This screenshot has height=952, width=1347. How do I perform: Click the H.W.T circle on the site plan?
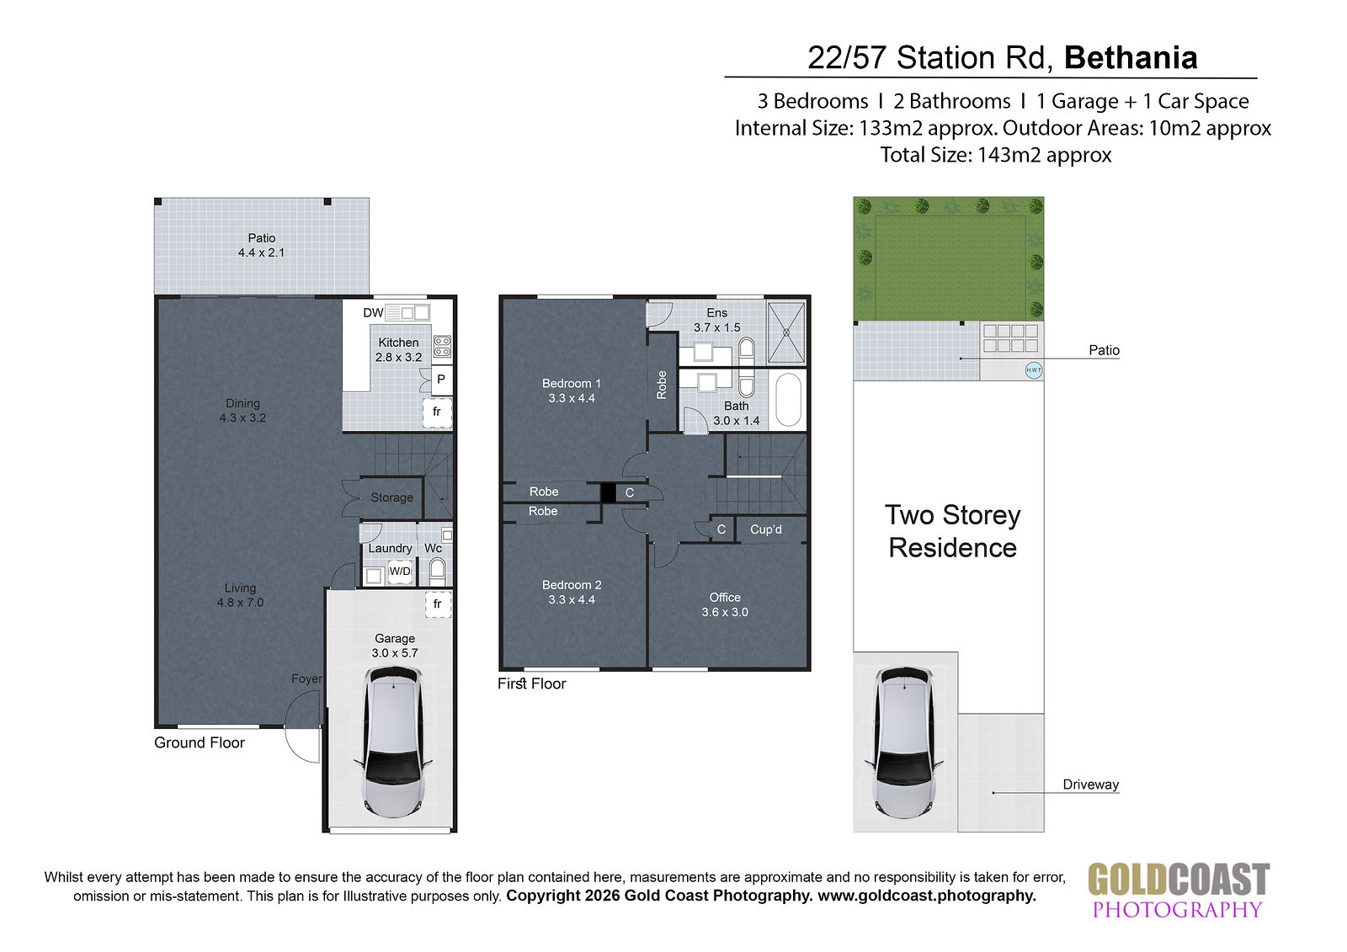1033,370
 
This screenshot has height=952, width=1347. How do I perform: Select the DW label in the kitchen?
373,313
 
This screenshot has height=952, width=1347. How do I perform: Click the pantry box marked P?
441,380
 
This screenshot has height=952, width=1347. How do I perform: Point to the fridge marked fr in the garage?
437,604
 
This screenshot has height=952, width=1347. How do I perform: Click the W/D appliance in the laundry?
400,572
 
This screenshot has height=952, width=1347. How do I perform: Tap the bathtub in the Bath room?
788,400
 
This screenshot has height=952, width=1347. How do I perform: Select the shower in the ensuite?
786,332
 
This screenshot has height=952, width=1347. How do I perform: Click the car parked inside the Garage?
393,742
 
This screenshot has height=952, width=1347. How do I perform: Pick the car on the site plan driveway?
903,742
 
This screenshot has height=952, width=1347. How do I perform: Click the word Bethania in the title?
1131,58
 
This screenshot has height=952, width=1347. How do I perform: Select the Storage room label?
391,497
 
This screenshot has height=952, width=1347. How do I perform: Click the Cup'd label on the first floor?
765,529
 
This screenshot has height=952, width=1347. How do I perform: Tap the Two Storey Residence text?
952,531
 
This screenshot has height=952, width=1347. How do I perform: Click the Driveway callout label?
1090,784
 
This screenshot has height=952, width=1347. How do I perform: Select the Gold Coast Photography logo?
1179,890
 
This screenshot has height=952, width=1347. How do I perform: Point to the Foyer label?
306,678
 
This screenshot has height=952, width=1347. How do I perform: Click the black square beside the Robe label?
608,493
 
